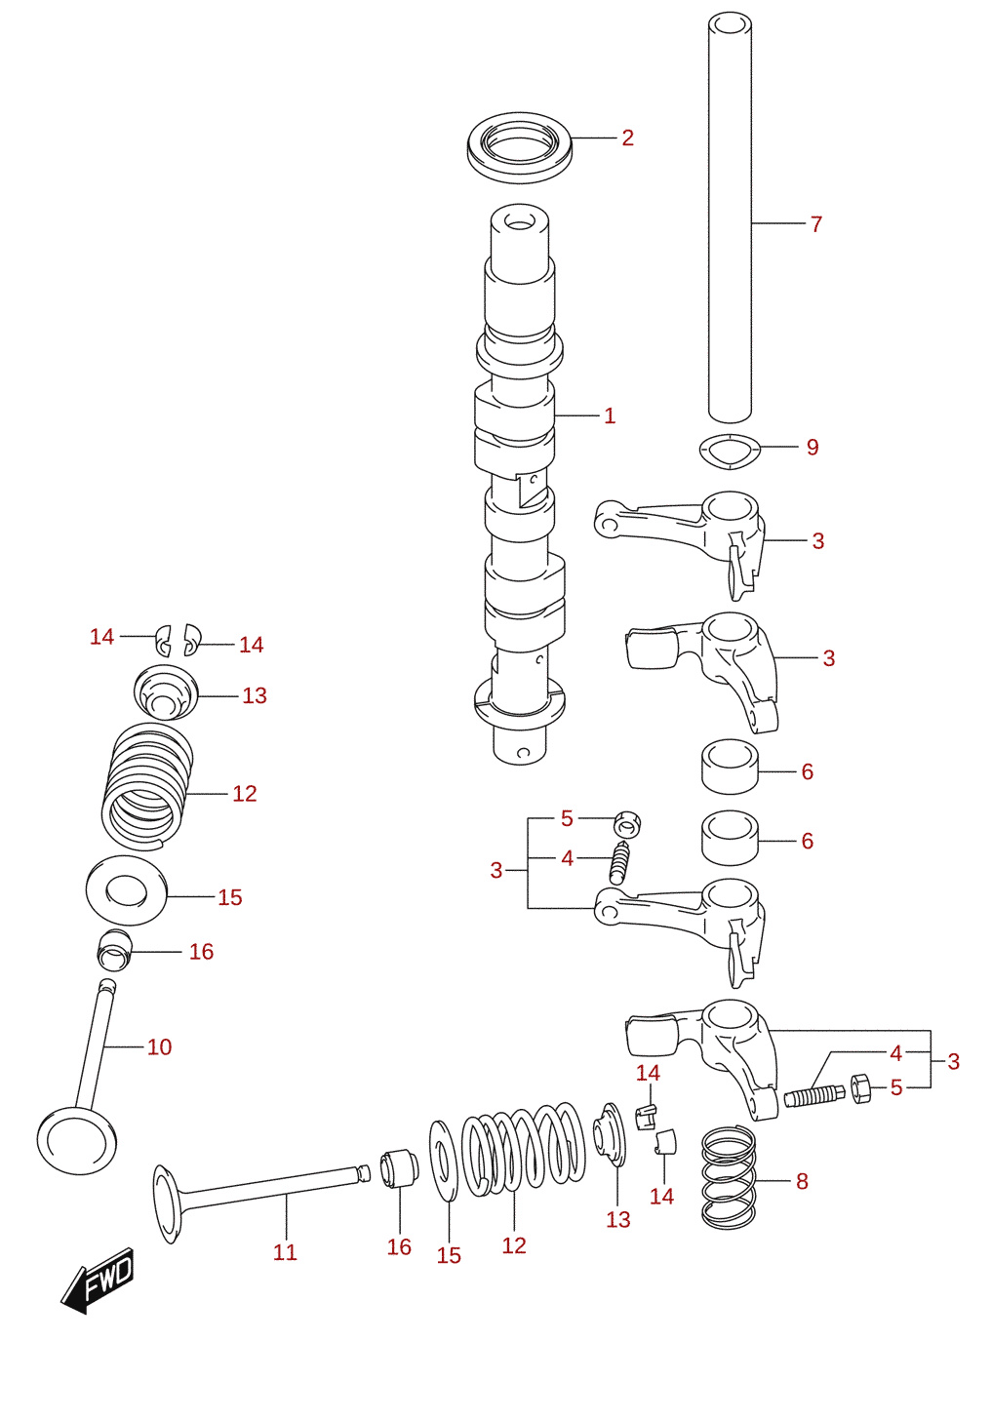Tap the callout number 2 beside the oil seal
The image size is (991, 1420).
point(627,138)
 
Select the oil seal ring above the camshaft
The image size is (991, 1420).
point(519,148)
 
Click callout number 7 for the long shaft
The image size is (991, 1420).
point(815,223)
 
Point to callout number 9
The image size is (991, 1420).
point(813,447)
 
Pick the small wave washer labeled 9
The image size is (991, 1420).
point(730,452)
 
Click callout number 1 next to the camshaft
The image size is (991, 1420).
point(610,415)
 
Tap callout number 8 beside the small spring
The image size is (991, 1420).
point(802,1181)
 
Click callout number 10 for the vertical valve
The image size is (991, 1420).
point(159,1046)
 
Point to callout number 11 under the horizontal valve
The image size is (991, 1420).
point(285,1252)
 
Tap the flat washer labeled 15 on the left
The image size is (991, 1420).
point(127,890)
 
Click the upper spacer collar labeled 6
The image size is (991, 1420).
point(730,767)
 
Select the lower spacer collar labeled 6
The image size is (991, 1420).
point(730,838)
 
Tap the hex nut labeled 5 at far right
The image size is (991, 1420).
point(860,1089)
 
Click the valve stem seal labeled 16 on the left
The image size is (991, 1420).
point(114,950)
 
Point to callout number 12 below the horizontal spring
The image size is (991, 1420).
point(514,1245)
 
